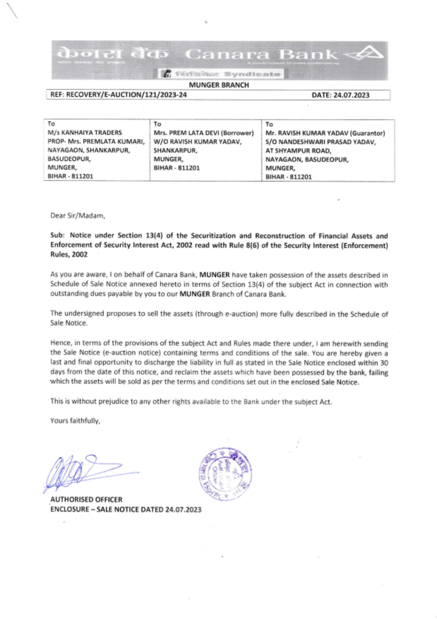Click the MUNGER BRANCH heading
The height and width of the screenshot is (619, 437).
219,85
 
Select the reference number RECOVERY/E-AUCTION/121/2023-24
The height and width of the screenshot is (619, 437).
126,95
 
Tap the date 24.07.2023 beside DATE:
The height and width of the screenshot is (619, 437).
351,95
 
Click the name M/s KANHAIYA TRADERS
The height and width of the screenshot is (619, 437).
85,133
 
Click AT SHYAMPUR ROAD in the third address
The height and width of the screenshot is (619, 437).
298,151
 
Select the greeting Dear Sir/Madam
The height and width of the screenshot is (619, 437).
77,216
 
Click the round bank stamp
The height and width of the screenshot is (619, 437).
225,474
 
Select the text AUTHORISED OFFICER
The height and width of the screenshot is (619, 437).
87,500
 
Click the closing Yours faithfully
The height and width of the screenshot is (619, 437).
75,421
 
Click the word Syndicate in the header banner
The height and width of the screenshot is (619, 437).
252,74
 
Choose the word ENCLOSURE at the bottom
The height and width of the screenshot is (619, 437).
69,510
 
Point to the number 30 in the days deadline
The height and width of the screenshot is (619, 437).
384,363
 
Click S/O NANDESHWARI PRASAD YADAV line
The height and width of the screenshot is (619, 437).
320,142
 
